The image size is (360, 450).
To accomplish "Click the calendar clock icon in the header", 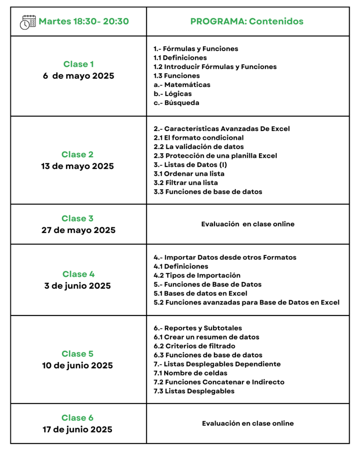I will [28, 22].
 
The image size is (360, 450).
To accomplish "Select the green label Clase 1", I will [78, 64].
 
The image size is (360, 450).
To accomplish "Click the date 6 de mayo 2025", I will [78, 76].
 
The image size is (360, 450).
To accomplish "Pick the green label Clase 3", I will [77, 218].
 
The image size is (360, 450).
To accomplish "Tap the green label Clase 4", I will [78, 274].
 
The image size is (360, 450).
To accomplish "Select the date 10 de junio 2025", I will [78, 365].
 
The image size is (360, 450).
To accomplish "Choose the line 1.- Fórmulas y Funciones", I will [196, 49].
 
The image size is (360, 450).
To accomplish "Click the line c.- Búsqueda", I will [176, 103].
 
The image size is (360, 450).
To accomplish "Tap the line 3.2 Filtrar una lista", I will [185, 183].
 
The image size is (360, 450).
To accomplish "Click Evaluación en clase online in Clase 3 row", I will [248, 224].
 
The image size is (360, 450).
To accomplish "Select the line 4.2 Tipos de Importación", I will [197, 276].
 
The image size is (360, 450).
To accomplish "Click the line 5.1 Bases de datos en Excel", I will [200, 294].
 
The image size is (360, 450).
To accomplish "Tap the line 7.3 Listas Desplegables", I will [194, 391].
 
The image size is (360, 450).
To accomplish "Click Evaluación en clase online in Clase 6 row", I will [248, 424].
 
